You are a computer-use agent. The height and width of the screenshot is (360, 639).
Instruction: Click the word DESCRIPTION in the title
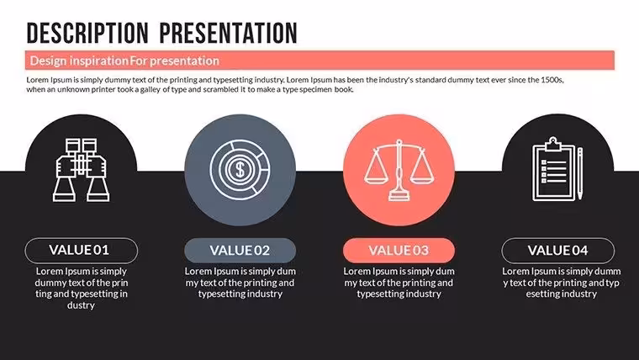87,34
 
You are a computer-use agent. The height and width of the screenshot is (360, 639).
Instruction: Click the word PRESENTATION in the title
229,34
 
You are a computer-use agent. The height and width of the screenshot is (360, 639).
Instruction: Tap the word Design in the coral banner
48,61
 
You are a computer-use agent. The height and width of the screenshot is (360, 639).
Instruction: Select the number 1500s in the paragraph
552,80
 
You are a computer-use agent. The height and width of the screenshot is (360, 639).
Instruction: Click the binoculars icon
81,170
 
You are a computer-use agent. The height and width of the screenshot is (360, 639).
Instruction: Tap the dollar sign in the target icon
240,169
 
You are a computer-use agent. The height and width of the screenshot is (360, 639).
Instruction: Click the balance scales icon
399,170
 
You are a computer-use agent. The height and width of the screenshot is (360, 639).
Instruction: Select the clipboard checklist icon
553,169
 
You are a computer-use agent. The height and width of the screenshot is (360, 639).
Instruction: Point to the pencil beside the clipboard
580,173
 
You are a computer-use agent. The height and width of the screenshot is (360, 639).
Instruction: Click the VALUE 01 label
81,250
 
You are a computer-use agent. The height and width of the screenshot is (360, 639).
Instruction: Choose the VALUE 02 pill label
240,251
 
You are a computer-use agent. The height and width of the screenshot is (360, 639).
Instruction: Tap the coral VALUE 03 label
399,251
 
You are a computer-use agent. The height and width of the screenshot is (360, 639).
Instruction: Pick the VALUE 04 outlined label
558,251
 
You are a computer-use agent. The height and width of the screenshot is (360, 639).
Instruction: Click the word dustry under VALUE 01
81,305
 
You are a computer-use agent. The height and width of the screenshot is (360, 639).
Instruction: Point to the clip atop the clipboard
553,144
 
